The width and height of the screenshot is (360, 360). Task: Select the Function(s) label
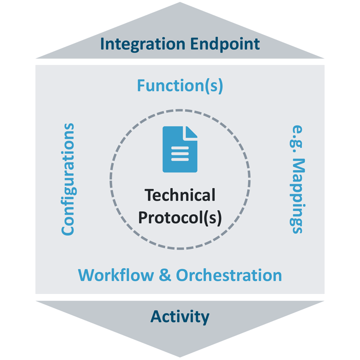(x=180, y=86)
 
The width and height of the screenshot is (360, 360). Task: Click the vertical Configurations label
(x=68, y=179)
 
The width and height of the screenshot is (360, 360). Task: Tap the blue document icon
(x=180, y=149)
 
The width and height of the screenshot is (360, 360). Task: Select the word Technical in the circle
(x=180, y=195)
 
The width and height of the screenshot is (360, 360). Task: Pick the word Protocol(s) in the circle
(x=180, y=217)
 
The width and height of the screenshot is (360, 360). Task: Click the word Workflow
(x=116, y=275)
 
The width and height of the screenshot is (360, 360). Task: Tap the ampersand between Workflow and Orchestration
(x=165, y=276)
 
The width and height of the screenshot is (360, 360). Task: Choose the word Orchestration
(x=229, y=275)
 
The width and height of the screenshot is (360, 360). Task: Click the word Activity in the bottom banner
(x=180, y=317)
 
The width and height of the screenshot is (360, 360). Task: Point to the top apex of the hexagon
(x=180, y=4)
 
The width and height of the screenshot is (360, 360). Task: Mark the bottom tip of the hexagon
(x=180, y=356)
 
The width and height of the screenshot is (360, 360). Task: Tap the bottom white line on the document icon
(x=180, y=160)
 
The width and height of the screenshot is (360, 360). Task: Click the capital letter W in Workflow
(x=86, y=275)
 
